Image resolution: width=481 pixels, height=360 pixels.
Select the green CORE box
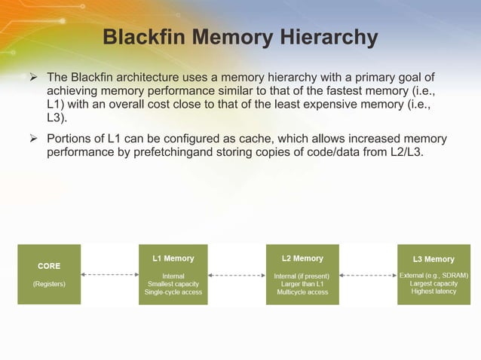pyautogui.click(x=49, y=274)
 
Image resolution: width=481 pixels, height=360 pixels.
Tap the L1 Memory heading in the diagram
pyautogui.click(x=173, y=258)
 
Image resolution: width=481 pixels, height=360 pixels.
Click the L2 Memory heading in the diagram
pyautogui.click(x=302, y=258)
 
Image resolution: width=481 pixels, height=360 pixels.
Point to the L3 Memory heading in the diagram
pyautogui.click(x=434, y=259)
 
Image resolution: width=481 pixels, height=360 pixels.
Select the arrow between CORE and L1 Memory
pyautogui.click(x=110, y=275)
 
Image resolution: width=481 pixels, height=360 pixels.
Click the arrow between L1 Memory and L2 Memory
pyautogui.click(x=237, y=275)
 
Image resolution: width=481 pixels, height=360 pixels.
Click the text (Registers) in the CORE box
pyautogui.click(x=49, y=284)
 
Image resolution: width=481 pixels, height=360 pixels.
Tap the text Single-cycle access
pyautogui.click(x=173, y=292)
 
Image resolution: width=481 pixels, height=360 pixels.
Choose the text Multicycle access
pyautogui.click(x=302, y=292)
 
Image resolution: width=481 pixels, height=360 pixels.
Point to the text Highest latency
pyautogui.click(x=434, y=291)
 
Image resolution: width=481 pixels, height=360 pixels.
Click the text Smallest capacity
pyautogui.click(x=173, y=284)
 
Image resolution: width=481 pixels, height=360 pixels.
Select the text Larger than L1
pyautogui.click(x=302, y=284)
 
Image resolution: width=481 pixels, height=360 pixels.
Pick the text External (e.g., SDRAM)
pyautogui.click(x=434, y=276)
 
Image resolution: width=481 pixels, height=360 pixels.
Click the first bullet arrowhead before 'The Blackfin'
pyautogui.click(x=34, y=78)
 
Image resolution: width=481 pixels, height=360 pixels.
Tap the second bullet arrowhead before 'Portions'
pyautogui.click(x=34, y=139)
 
